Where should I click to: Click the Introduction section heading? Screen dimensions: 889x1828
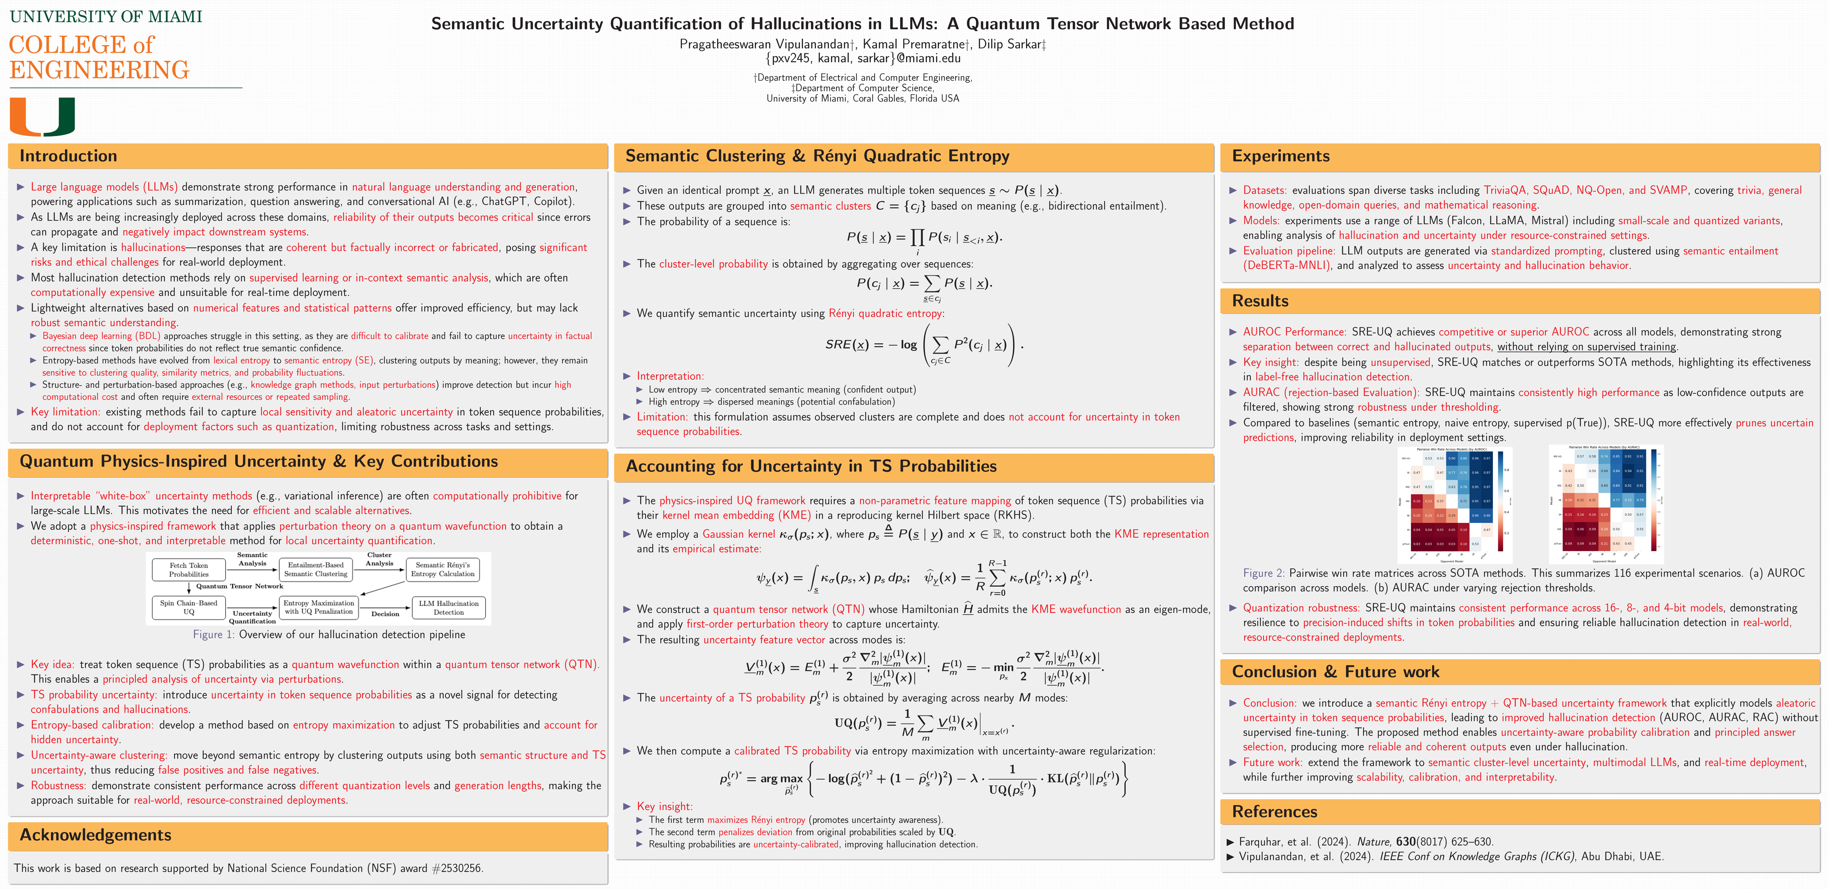[x=68, y=156]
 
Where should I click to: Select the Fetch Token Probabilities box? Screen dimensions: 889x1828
[x=189, y=570]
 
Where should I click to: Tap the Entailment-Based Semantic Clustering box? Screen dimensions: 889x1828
[x=316, y=570]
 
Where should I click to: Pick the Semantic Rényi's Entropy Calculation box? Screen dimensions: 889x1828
[x=443, y=570]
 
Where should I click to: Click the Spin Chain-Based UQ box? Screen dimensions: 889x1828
[x=189, y=607]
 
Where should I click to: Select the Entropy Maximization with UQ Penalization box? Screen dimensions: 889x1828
[x=318, y=607]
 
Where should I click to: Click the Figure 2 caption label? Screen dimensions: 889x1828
[x=1263, y=573]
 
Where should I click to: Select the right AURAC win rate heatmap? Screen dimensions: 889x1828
[x=1606, y=504]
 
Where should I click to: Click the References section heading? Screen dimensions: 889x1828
[x=1275, y=812]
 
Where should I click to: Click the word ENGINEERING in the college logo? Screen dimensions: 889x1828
[x=99, y=70]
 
